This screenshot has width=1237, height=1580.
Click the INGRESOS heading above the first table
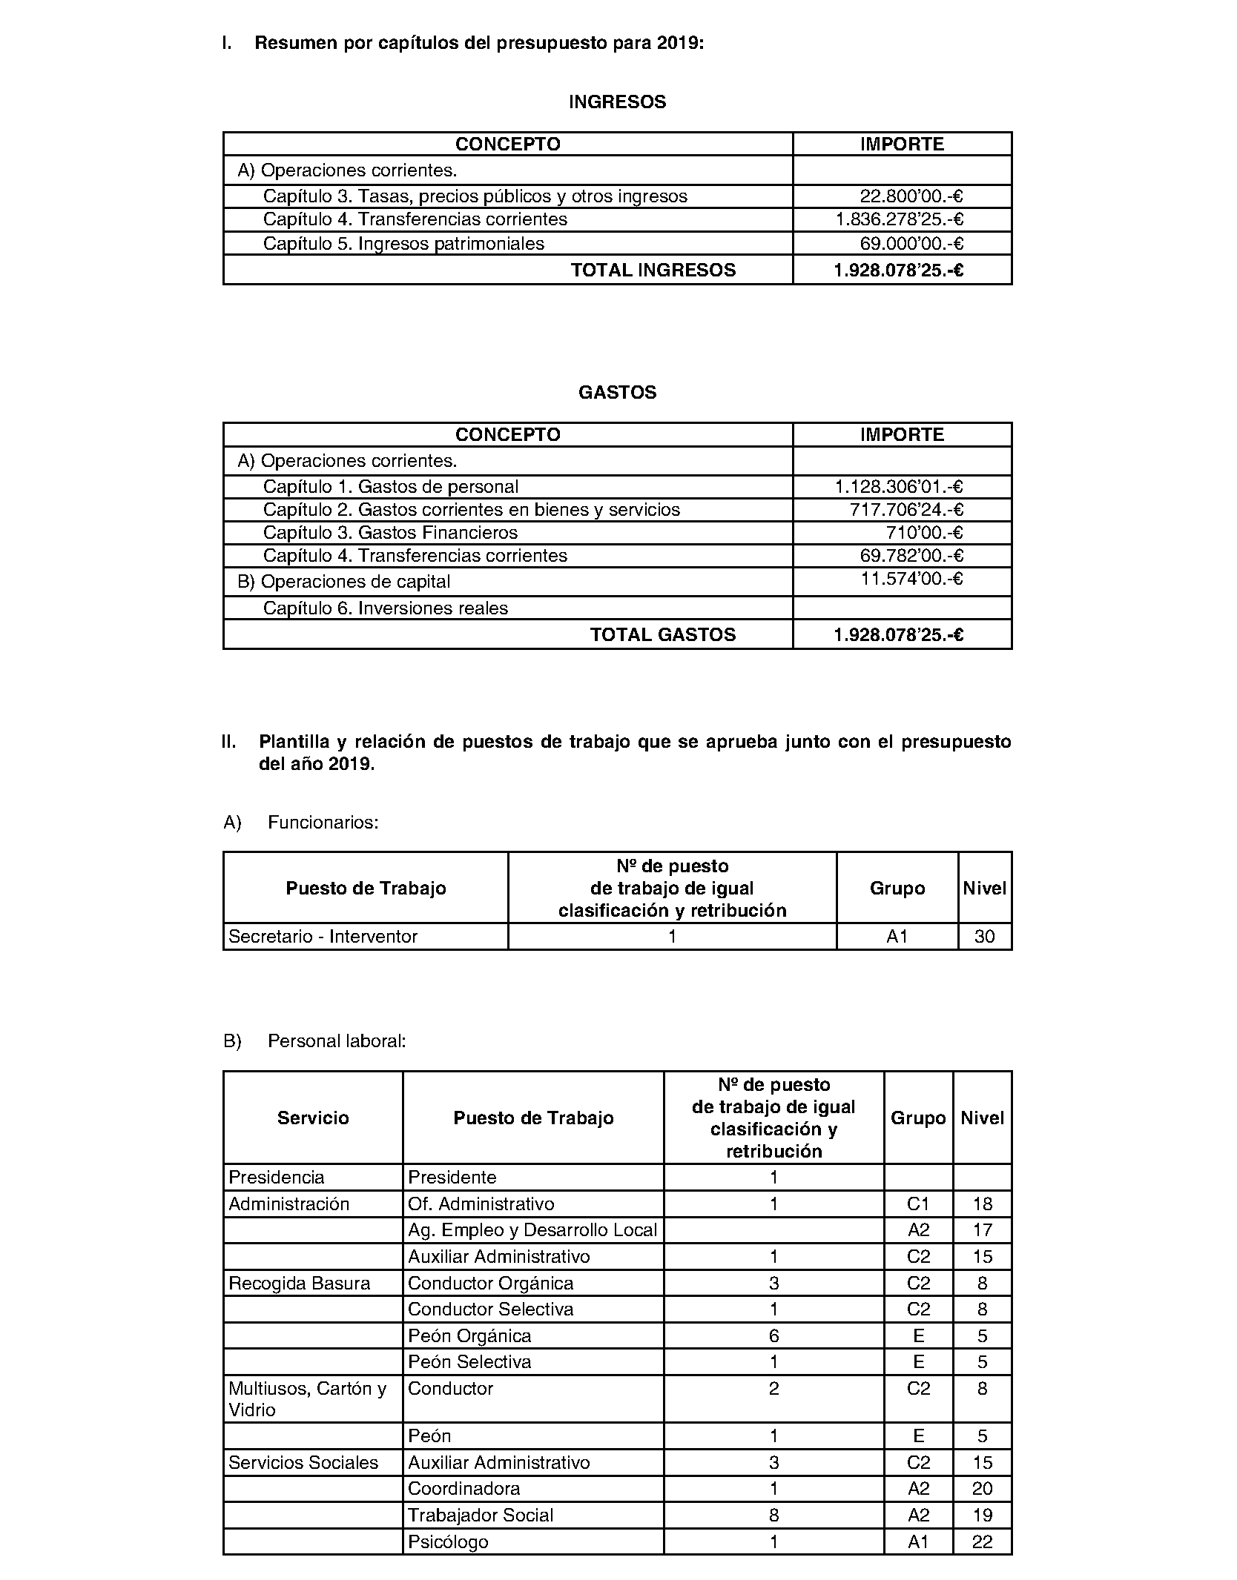point(617,102)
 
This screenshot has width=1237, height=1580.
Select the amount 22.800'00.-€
point(911,196)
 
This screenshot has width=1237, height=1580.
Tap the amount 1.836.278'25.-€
point(899,219)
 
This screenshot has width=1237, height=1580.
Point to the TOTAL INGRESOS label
point(653,270)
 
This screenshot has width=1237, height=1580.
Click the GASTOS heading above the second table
point(617,393)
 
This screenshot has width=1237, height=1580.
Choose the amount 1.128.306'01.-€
point(898,487)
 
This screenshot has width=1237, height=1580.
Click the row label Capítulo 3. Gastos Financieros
point(390,533)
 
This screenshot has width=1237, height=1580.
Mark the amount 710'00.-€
point(924,533)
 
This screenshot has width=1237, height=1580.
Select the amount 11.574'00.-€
point(911,579)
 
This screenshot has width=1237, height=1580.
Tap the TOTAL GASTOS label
point(662,635)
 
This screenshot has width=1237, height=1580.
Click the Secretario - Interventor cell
point(323,937)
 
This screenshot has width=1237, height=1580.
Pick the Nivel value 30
point(984,937)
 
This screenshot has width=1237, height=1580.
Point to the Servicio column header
point(313,1118)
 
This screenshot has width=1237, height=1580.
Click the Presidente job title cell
point(452,1178)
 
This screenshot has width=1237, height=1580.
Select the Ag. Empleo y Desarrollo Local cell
point(532,1230)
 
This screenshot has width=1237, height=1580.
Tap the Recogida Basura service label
point(299,1284)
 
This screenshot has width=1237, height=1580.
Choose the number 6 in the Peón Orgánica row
point(773,1336)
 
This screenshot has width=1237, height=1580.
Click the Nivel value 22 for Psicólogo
point(982,1542)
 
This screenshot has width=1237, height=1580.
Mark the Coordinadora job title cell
point(464,1489)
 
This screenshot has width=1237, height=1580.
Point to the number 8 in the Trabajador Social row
point(773,1516)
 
